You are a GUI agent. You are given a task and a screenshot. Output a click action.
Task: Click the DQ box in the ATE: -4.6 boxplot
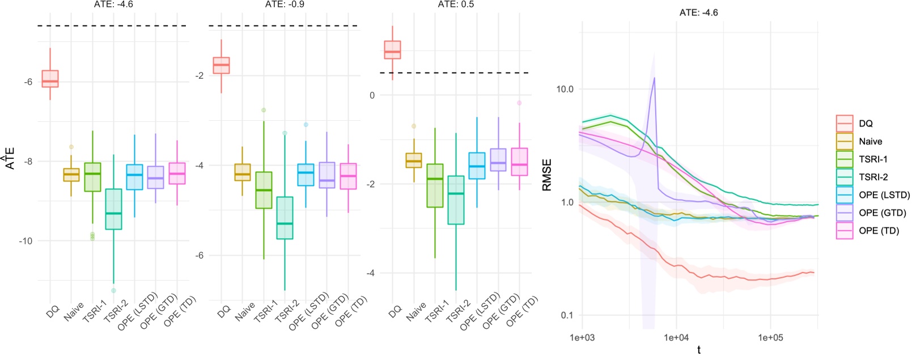(x=50, y=79)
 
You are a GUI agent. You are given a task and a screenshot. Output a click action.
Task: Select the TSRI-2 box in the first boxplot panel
(x=113, y=209)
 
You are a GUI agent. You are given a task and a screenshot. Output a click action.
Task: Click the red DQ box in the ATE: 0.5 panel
(x=392, y=50)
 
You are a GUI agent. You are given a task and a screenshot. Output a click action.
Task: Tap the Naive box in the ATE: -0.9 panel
(x=243, y=172)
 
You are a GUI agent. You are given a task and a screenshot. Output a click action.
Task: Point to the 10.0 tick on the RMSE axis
(x=565, y=89)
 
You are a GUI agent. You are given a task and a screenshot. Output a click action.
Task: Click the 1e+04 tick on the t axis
(x=676, y=338)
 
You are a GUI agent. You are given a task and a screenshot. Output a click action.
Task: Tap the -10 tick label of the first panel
(x=26, y=241)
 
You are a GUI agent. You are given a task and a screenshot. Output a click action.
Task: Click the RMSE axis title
(x=547, y=175)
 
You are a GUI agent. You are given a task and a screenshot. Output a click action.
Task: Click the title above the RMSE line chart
(x=698, y=12)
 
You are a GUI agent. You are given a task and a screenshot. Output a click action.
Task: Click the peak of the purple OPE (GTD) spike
(x=655, y=78)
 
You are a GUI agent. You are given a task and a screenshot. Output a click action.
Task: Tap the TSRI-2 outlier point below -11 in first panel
(x=114, y=290)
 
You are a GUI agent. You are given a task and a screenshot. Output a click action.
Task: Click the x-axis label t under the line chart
(x=699, y=350)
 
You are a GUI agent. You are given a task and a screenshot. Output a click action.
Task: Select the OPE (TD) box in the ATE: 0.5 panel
(x=519, y=162)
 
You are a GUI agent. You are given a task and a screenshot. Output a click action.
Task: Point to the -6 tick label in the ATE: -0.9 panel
(x=199, y=256)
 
